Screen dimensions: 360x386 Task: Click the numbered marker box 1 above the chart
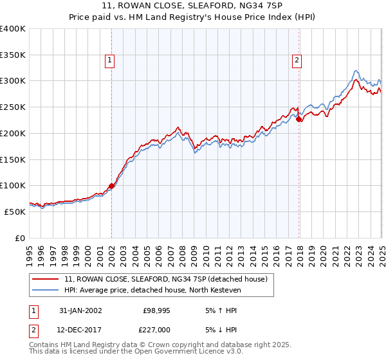click(x=110, y=61)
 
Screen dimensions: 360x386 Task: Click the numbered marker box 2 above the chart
click(x=297, y=61)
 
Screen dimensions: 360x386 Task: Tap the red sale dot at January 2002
click(x=112, y=186)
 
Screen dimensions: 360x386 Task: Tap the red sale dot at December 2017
click(x=299, y=119)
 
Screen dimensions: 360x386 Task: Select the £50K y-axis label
click(x=15, y=212)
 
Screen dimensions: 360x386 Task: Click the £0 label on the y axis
click(x=20, y=238)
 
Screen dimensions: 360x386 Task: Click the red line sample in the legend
click(x=46, y=279)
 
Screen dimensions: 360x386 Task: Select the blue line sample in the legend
click(x=46, y=289)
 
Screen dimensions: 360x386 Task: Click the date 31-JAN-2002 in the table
click(x=80, y=310)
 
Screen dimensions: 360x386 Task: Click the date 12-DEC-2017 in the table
click(x=80, y=330)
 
